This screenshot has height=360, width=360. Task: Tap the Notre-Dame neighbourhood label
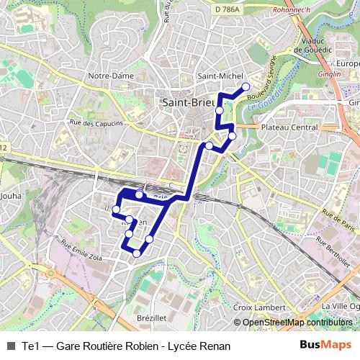click(x=107, y=76)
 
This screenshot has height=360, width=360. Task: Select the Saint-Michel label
click(x=218, y=76)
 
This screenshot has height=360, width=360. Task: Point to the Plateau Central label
click(x=289, y=127)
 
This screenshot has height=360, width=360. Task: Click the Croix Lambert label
click(x=259, y=307)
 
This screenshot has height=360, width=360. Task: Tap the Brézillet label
click(x=151, y=317)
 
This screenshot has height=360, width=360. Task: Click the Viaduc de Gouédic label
click(x=313, y=45)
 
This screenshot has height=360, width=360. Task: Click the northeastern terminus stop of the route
click(x=246, y=86)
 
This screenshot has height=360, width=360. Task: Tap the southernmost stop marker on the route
click(x=137, y=253)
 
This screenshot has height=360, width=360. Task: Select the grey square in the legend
click(x=10, y=346)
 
